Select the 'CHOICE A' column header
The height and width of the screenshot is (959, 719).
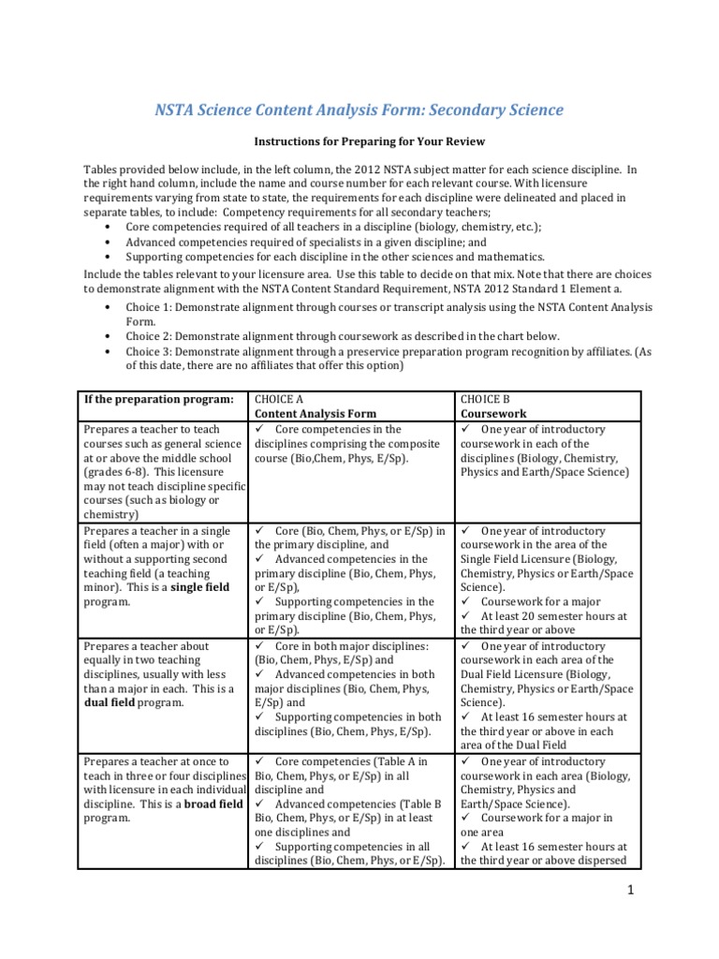click(x=281, y=399)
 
